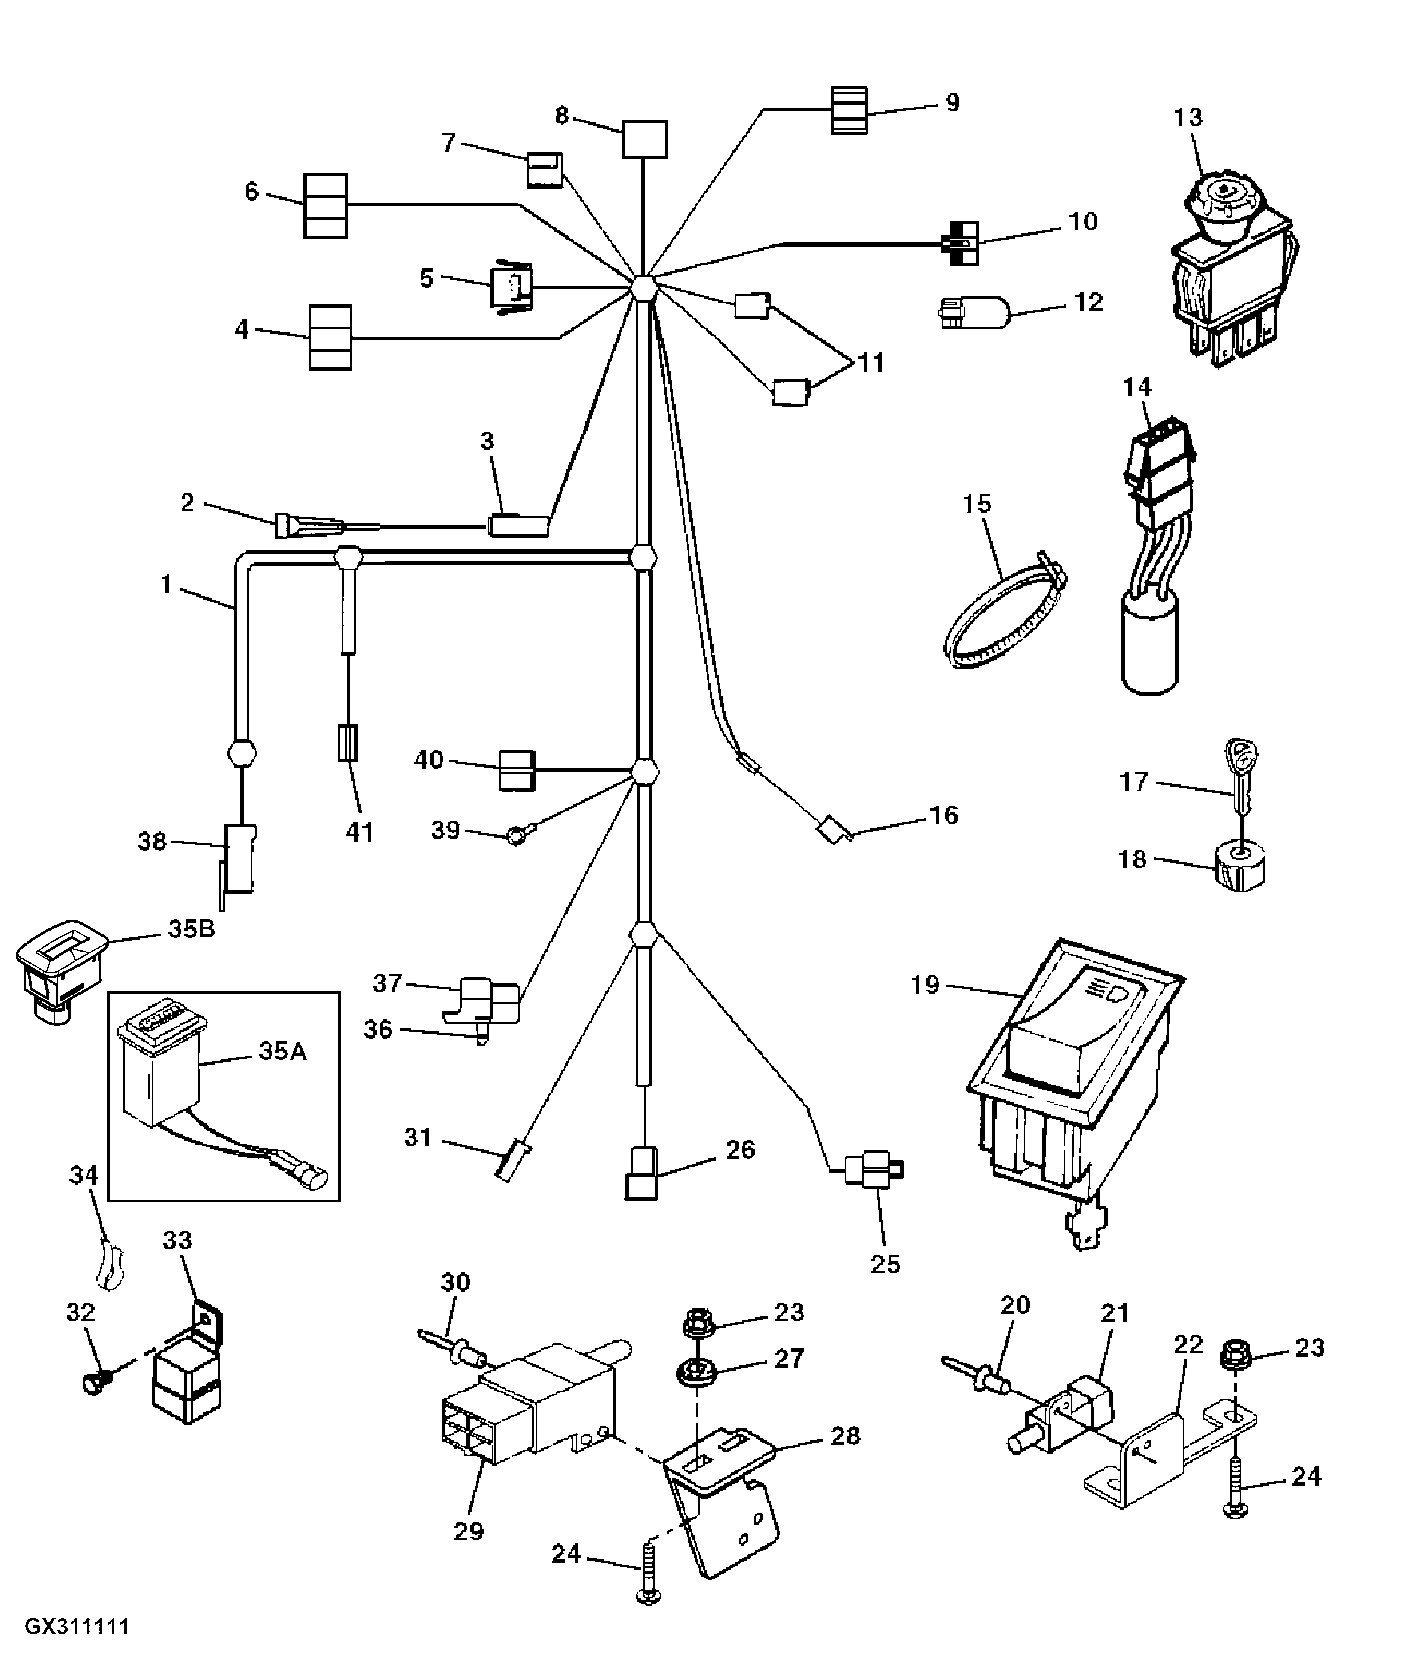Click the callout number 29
click(x=469, y=1531)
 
